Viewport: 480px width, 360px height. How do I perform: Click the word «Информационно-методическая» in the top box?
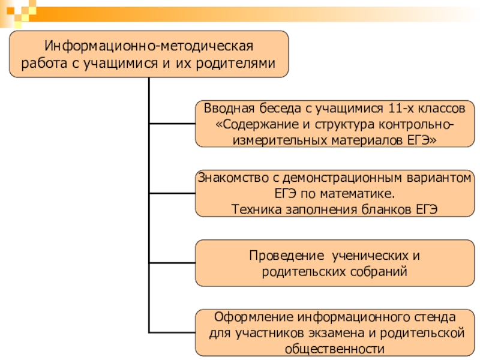pyautogui.click(x=149, y=46)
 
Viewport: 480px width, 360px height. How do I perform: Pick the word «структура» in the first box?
pyautogui.click(x=346, y=125)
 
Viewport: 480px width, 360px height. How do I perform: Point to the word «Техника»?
pyautogui.click(x=254, y=209)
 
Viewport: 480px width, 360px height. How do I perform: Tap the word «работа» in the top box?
pyautogui.click(x=42, y=63)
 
